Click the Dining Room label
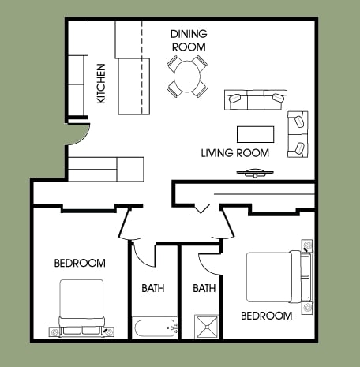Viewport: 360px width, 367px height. pos(189,40)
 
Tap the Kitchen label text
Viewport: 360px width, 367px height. pos(100,84)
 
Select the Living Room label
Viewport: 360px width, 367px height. pos(234,152)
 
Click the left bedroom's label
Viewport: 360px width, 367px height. pos(79,263)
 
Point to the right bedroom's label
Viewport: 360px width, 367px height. pos(266,316)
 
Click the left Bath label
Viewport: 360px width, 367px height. pos(153,288)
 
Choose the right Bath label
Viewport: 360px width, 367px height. pos(204,288)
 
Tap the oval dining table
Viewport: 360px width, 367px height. pos(188,77)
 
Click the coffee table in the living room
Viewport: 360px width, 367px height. pos(256,133)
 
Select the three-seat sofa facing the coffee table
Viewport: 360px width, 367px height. pos(255,101)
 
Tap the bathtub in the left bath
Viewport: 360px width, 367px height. pos(155,328)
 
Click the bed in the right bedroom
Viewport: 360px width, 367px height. pos(274,276)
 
